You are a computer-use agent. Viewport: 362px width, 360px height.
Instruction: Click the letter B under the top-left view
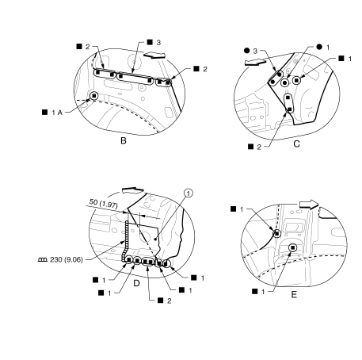click(124, 140)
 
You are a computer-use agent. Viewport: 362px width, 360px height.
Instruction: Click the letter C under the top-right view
click(297, 144)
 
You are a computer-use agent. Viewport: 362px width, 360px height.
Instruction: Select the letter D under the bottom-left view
click(136, 284)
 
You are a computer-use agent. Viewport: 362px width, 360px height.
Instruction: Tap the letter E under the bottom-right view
click(294, 295)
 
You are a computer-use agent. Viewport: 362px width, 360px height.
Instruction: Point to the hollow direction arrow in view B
click(154, 55)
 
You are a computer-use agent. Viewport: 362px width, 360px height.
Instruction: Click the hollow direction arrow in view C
click(255, 63)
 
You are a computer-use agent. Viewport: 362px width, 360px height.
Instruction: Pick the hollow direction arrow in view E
click(309, 205)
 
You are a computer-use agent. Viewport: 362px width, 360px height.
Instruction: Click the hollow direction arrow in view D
click(132, 190)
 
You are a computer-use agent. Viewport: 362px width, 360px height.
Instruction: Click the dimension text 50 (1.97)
click(103, 204)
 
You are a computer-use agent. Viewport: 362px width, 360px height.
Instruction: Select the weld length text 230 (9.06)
click(67, 260)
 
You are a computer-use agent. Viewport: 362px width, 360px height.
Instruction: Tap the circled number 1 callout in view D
click(189, 193)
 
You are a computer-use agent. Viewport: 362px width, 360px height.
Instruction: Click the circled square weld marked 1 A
click(94, 96)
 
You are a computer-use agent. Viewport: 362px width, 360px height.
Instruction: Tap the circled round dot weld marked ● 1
click(284, 82)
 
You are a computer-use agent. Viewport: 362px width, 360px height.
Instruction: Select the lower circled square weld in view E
click(292, 247)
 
